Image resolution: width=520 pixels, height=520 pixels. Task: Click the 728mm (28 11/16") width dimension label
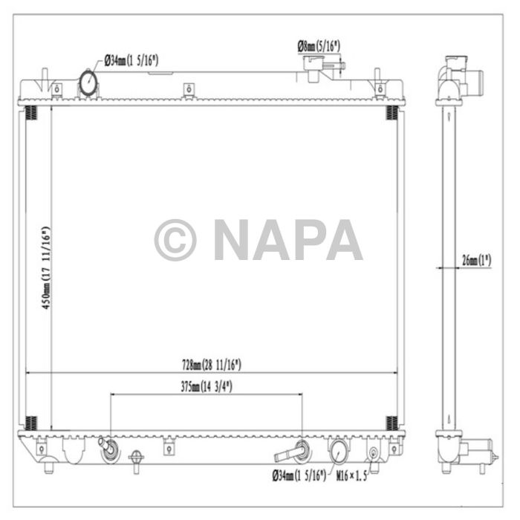211,365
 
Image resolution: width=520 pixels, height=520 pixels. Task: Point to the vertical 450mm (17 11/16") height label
46,267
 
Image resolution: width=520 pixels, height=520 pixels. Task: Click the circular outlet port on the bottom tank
338,450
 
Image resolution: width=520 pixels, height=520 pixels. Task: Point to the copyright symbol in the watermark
175,240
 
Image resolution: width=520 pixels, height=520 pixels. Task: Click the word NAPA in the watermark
287,240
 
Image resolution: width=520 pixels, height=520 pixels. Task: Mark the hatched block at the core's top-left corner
31,113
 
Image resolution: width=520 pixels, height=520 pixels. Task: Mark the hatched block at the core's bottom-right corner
391,423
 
